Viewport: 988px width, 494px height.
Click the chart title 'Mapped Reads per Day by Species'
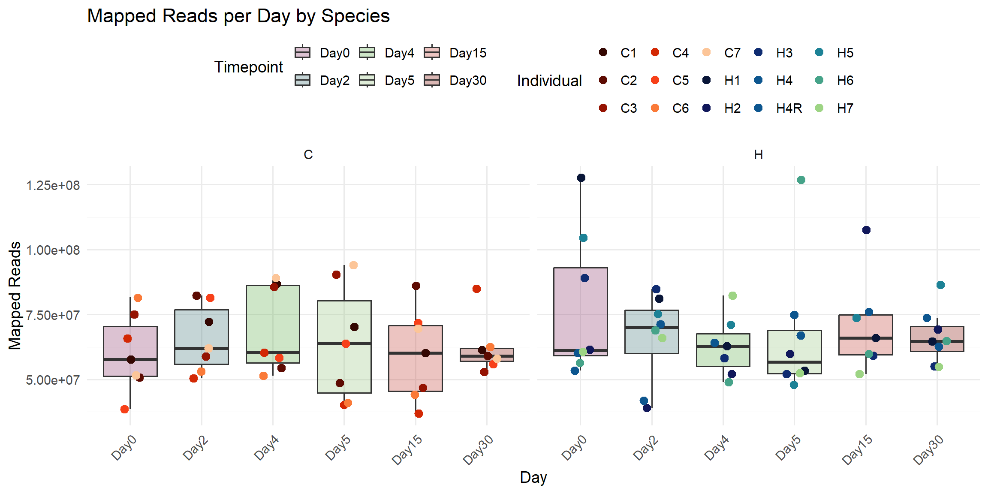click(x=238, y=16)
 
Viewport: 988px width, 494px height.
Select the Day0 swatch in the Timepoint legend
click(x=303, y=53)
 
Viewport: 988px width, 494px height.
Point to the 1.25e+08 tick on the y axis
click(x=53, y=185)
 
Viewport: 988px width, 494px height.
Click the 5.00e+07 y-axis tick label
click(x=53, y=380)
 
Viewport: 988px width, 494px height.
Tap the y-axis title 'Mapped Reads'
click(x=15, y=295)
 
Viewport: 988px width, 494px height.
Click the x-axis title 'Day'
click(x=533, y=477)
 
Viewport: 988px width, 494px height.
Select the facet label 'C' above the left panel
click(x=308, y=154)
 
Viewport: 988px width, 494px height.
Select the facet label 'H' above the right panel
click(x=758, y=154)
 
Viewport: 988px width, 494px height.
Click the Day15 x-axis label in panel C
click(x=407, y=449)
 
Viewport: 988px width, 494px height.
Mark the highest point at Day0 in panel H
click(x=581, y=178)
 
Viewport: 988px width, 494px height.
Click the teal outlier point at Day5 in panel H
click(x=801, y=180)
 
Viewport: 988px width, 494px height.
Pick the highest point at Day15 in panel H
click(x=866, y=230)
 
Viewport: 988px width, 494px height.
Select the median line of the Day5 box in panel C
click(x=344, y=343)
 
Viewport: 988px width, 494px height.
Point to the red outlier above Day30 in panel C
click(x=476, y=289)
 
